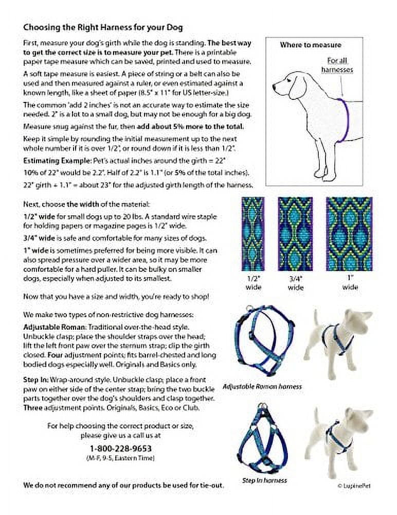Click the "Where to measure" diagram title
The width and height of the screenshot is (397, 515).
click(x=310, y=45)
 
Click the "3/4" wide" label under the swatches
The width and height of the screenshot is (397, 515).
click(x=295, y=283)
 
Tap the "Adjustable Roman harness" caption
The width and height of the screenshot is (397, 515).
click(x=262, y=386)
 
